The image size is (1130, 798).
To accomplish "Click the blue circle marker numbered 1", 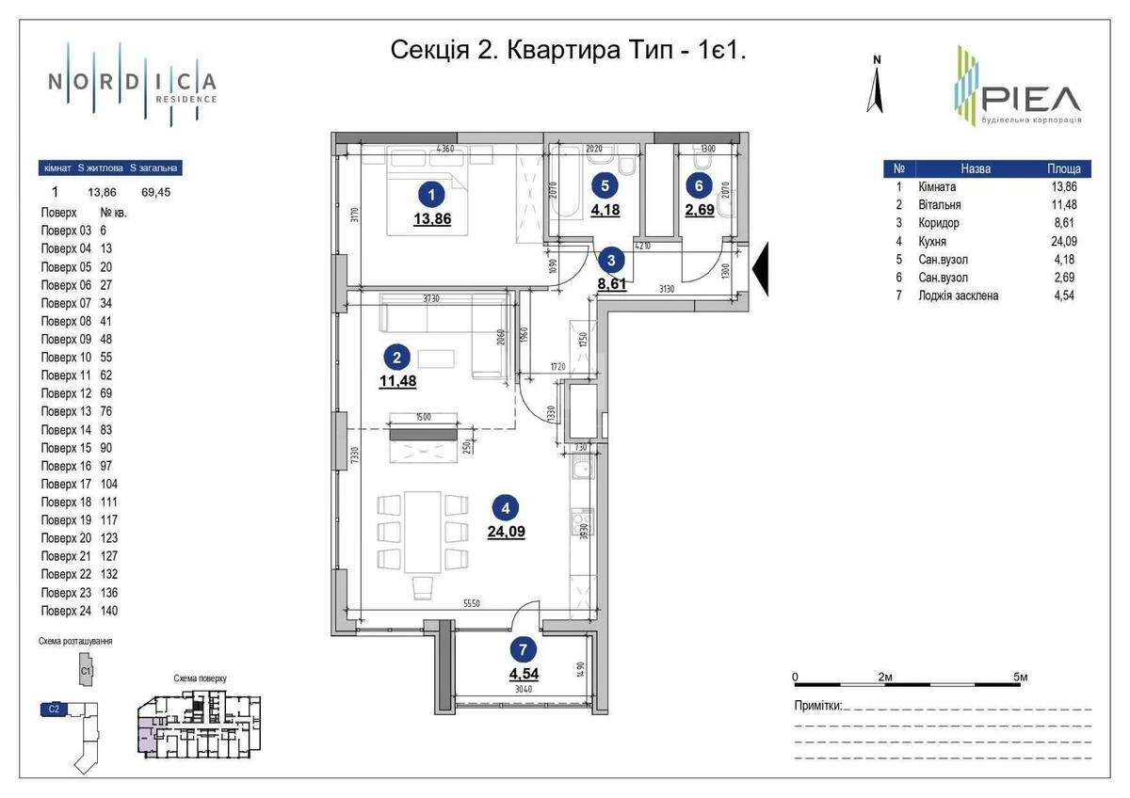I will click(x=430, y=196).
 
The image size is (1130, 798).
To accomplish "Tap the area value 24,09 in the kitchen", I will click(x=507, y=531).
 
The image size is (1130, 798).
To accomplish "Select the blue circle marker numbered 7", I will click(x=524, y=648).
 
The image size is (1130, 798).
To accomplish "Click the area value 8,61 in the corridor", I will click(x=611, y=282).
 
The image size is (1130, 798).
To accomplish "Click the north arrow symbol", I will click(x=876, y=85).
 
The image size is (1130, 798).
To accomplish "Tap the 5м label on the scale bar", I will click(x=1020, y=677).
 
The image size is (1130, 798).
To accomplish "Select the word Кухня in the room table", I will click(x=932, y=242).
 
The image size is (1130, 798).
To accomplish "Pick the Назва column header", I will click(x=976, y=169).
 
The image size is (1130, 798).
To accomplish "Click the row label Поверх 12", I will click(x=66, y=393).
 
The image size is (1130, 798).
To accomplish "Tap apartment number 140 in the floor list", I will click(x=108, y=611).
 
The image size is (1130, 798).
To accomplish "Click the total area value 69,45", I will click(x=156, y=192).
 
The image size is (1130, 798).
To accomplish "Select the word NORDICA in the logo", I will click(x=132, y=81).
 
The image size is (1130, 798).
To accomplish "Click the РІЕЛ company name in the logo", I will click(x=1030, y=99).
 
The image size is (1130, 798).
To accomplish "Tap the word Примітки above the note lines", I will click(x=817, y=705).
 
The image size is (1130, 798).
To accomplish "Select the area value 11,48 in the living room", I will click(x=396, y=380).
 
